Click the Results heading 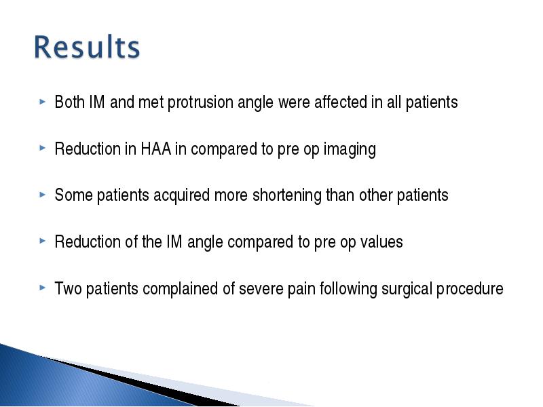[x=87, y=47]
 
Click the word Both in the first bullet [x=70, y=102]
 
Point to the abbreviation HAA [x=156, y=149]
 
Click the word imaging [x=350, y=149]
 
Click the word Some [x=73, y=195]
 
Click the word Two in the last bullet [x=69, y=289]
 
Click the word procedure [x=470, y=290]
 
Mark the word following [x=348, y=290]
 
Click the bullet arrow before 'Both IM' [x=43, y=102]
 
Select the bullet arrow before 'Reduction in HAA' [x=43, y=148]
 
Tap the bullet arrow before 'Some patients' [x=43, y=195]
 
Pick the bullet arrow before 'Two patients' [x=43, y=288]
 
